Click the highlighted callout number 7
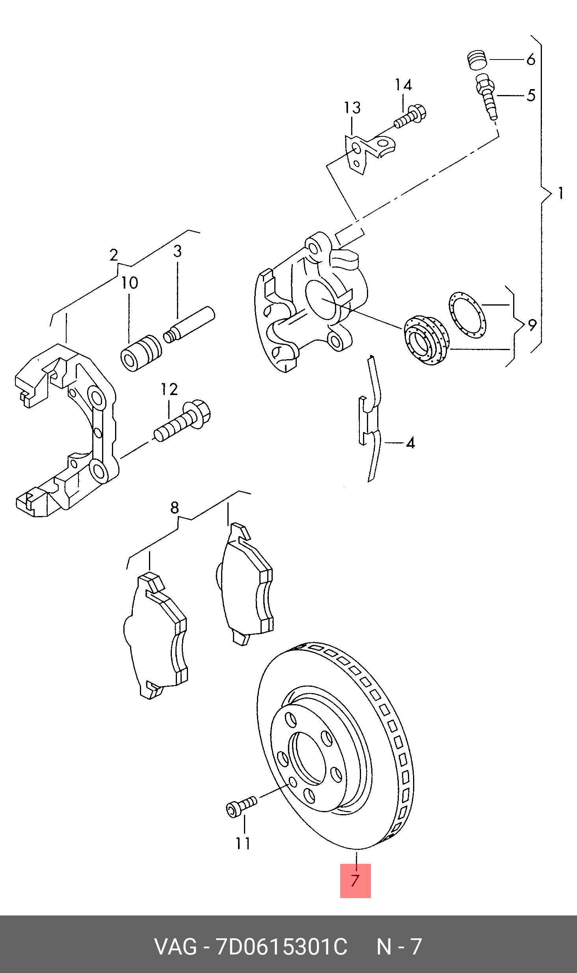[x=355, y=880]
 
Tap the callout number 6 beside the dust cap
[x=531, y=60]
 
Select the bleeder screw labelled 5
[x=487, y=96]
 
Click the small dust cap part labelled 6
[x=477, y=60]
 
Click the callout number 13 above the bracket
[x=352, y=108]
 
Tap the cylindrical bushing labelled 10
[x=141, y=353]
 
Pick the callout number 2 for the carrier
[x=114, y=255]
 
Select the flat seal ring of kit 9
[x=467, y=315]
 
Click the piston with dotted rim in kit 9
[x=426, y=340]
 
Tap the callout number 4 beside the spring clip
[x=410, y=443]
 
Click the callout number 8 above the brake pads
[x=175, y=507]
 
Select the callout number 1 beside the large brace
[x=560, y=193]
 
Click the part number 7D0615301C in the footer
[x=281, y=947]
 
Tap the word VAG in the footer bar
[x=175, y=947]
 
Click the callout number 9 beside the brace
[x=532, y=325]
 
